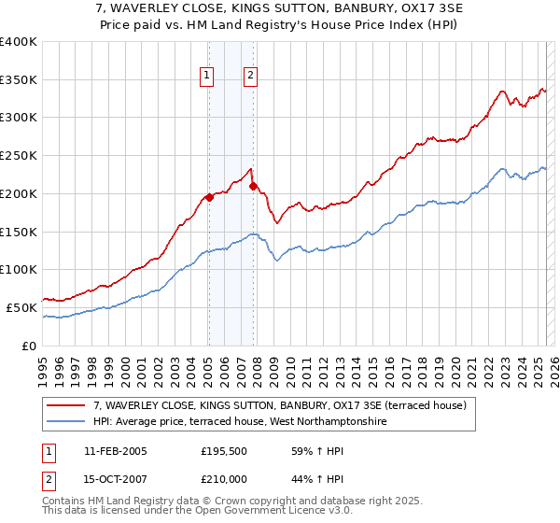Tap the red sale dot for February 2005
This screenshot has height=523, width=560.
[x=209, y=197]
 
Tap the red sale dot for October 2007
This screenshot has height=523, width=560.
[x=253, y=186]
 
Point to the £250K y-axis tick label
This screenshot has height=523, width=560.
[x=19, y=156]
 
